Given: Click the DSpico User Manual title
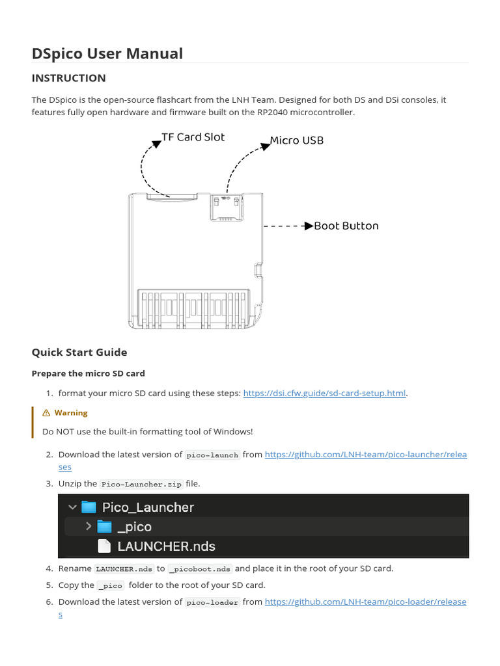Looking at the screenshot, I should (x=107, y=53).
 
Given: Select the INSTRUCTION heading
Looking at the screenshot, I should (x=68, y=78).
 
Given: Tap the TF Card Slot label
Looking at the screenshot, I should (x=193, y=137).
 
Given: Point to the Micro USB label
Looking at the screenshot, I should (x=296, y=140).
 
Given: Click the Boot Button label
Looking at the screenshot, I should (x=346, y=226).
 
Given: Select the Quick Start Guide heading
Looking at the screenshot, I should (x=79, y=352).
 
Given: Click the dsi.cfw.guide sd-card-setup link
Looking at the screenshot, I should (x=325, y=393).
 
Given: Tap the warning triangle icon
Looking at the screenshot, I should (x=46, y=413).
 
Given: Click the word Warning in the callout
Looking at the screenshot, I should (x=71, y=413).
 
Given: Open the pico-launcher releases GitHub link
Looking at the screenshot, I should (x=365, y=455).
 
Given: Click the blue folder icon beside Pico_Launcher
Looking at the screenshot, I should (x=89, y=507).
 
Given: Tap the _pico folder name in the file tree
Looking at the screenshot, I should (x=134, y=527).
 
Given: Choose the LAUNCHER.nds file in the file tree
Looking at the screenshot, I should (x=166, y=546).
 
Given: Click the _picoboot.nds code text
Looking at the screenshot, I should (x=200, y=569).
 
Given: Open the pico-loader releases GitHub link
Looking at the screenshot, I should (x=365, y=602).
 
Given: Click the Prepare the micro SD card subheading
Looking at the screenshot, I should (x=88, y=373).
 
